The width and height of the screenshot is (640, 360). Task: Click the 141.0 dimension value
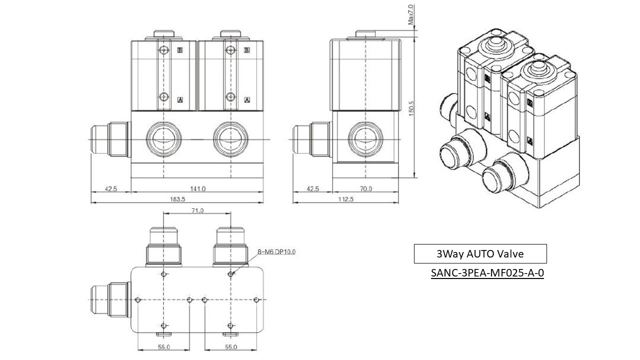coord(197,189)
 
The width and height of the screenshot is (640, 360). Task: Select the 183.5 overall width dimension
coord(177,198)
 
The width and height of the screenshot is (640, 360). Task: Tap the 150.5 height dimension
coord(411,108)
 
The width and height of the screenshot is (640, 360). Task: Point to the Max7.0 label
coord(411,15)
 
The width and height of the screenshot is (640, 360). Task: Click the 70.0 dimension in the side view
coord(366,189)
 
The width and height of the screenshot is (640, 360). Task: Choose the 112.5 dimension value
coord(345,198)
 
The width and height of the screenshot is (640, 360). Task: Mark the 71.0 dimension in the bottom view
coord(197,211)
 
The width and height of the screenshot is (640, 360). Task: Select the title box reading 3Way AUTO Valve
coord(480,254)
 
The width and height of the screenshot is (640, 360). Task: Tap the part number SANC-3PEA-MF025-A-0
coord(487,273)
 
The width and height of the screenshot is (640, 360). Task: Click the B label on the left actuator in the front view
coord(180,50)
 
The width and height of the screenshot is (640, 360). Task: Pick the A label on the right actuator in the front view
coord(247,99)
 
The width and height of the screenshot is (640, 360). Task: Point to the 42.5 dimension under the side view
coord(312,189)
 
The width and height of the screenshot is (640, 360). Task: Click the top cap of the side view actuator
coord(366,34)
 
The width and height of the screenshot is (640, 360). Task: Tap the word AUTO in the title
coord(481,254)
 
